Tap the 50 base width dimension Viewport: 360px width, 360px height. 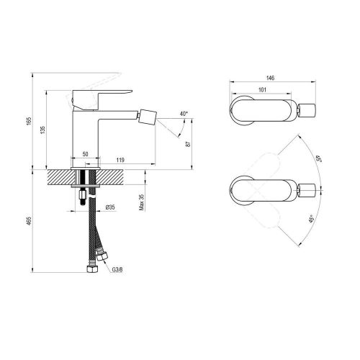coord(85,154)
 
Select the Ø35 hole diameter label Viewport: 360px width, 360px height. coord(109,210)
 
